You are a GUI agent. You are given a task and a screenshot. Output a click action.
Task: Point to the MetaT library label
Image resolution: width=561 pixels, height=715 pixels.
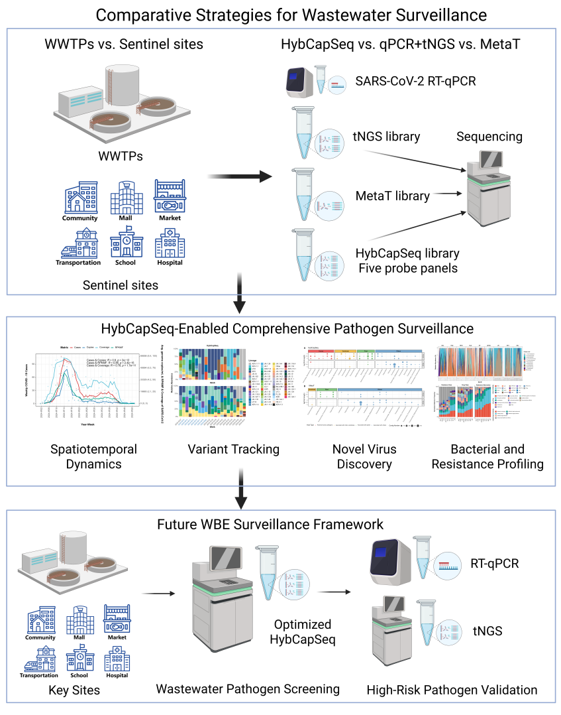pos(392,196)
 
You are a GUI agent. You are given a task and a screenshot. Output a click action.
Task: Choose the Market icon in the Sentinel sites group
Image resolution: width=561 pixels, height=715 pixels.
pos(169,198)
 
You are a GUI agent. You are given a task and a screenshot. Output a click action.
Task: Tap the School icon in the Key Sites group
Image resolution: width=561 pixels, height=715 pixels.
pos(79,659)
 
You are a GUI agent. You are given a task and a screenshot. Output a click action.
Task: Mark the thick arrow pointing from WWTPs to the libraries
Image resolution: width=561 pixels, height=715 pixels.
pos(240,176)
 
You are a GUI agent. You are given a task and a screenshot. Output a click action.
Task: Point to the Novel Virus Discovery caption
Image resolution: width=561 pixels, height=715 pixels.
pos(364,456)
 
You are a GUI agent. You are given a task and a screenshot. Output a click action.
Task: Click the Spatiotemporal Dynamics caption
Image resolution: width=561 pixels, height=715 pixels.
pos(94,456)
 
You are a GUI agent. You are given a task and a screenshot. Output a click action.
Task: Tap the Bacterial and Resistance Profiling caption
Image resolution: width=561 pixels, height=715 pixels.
pos(487,456)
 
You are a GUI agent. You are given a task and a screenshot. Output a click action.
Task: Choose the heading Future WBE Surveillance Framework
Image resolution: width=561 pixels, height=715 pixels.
pos(270,524)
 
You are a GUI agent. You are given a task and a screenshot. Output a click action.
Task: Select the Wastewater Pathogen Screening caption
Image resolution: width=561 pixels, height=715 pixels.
pos(248,689)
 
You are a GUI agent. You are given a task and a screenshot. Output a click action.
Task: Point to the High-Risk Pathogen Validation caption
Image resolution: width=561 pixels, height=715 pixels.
pos(452,690)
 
